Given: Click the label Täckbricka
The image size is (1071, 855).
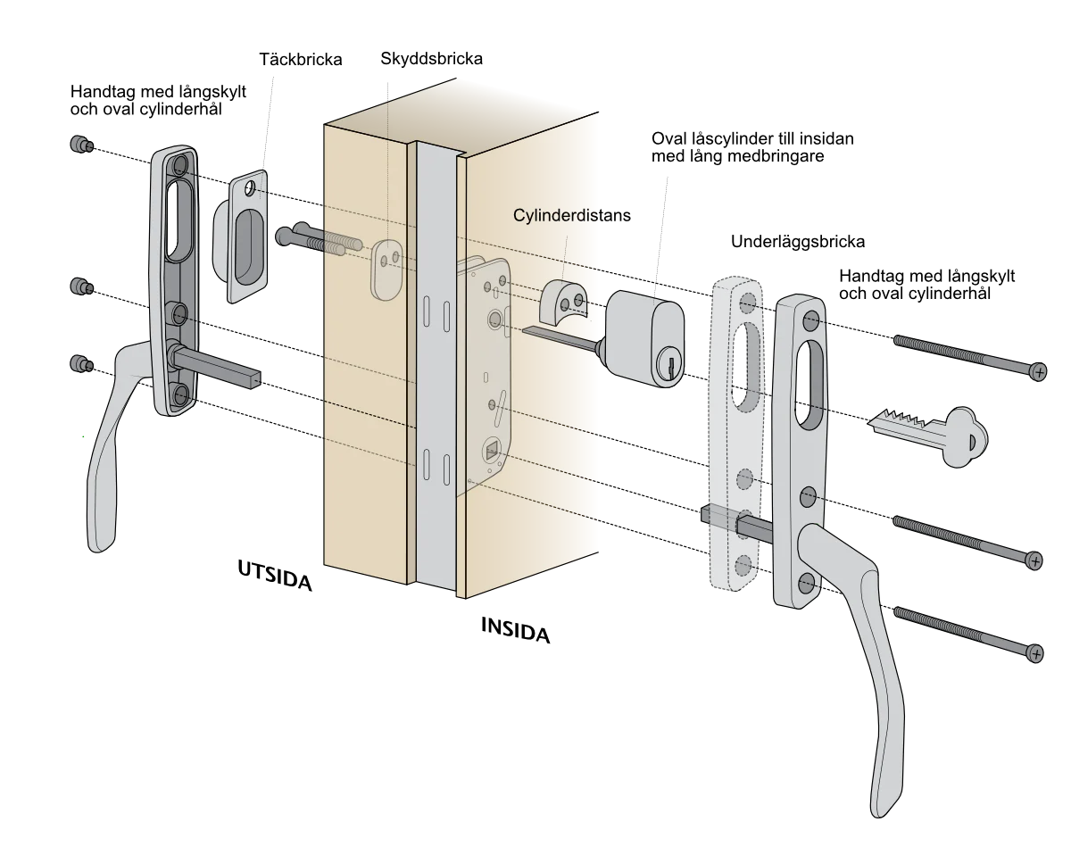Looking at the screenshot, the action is pos(301,60).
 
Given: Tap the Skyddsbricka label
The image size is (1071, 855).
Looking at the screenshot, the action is pos(431,59).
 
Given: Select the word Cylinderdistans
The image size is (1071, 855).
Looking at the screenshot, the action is pos(572,215).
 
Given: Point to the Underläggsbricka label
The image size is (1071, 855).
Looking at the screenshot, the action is pos(798,242).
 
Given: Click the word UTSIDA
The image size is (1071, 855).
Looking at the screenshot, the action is pos(275,576).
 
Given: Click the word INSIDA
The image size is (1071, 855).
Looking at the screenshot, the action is pos(516,631).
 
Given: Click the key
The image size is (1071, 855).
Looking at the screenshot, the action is pos(929,436).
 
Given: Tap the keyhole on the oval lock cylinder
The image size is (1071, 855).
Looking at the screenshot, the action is pos(670,365).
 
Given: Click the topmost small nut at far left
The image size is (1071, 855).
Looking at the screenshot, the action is pos(81,145).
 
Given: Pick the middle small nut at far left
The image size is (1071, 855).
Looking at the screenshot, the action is pos(81,286).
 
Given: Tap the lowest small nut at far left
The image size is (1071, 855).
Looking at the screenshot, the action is pos(81,364).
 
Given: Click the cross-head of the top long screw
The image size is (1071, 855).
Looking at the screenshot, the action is pos(1038,372).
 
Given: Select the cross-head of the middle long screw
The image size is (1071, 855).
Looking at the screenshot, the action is pos(1034,561).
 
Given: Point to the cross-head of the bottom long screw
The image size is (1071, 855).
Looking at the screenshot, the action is pos(1035,653).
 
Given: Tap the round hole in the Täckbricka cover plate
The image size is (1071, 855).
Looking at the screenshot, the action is pos(250,188).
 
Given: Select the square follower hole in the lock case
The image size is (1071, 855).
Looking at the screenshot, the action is pos(491,452).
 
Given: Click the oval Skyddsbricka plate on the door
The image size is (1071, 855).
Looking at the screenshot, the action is pos(386,270).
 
